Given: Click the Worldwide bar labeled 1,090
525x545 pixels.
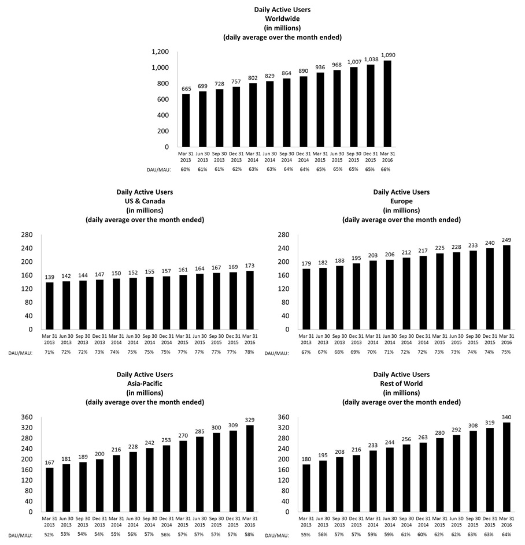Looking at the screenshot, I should point(387,104).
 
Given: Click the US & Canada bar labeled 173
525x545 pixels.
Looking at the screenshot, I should point(249,300).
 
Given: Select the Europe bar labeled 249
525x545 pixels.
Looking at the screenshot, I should point(506,288).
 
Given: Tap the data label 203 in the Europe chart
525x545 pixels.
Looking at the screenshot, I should point(373,256).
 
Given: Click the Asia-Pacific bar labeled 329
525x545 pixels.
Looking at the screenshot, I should point(249,468).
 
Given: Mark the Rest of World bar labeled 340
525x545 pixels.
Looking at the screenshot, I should point(506,467).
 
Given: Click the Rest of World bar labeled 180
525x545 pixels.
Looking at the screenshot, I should point(306,488).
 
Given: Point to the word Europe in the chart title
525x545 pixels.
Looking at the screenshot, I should point(401,201).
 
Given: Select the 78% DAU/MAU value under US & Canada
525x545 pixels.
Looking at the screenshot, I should point(249,352).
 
